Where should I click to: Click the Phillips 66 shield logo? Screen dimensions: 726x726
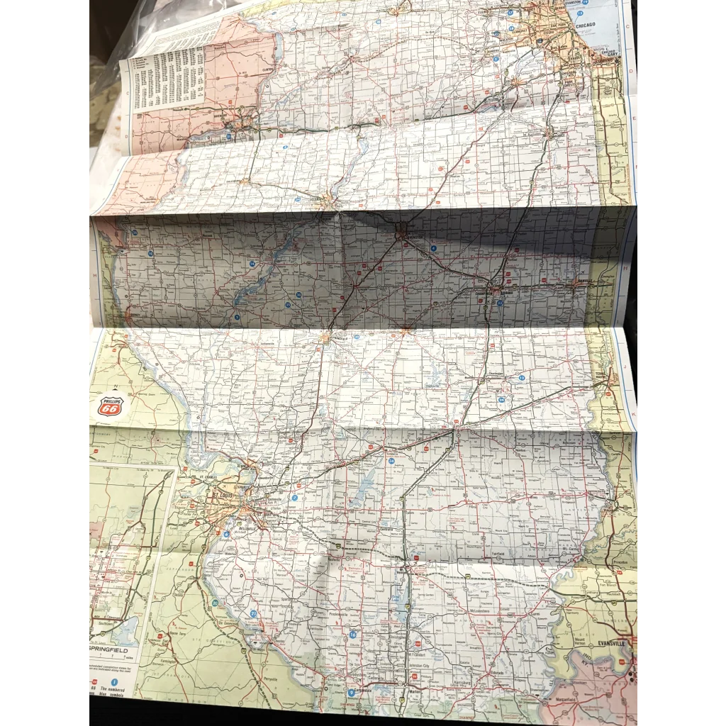coord(110,406)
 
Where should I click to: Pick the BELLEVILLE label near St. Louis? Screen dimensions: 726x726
coord(245,529)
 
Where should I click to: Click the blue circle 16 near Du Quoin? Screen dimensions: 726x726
coord(352,635)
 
